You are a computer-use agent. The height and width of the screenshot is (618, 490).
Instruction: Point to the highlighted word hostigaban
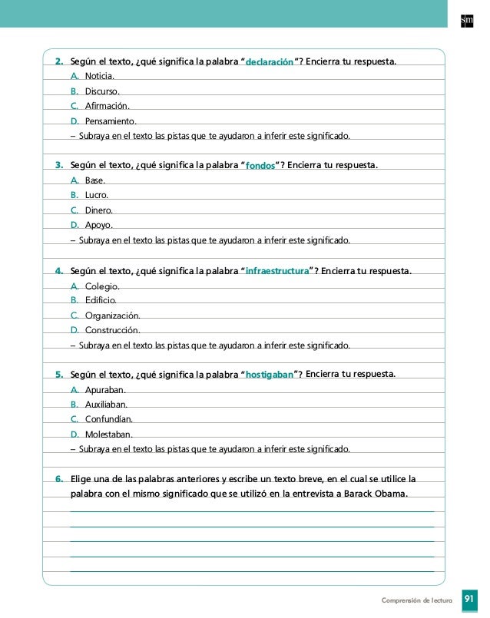point(269,375)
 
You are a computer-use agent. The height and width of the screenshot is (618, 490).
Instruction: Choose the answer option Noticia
point(99,77)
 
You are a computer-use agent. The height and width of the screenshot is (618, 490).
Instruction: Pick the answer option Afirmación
point(107,106)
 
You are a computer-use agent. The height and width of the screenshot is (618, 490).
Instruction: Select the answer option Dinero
point(99,210)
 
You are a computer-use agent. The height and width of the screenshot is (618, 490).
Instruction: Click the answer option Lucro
point(96,195)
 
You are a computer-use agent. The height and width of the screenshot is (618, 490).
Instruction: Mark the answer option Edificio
point(100,300)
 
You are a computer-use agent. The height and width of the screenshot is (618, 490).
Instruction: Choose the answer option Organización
point(112,315)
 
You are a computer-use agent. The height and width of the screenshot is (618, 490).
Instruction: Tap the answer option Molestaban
point(108,434)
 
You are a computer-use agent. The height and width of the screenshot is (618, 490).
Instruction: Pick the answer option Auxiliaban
point(106,404)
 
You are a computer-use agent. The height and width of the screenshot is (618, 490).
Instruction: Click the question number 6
point(59,479)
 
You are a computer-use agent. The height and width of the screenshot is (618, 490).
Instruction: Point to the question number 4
point(59,271)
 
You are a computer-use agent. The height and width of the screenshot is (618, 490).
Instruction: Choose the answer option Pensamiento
point(111,121)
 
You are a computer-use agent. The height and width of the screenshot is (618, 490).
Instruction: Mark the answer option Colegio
point(101,286)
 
